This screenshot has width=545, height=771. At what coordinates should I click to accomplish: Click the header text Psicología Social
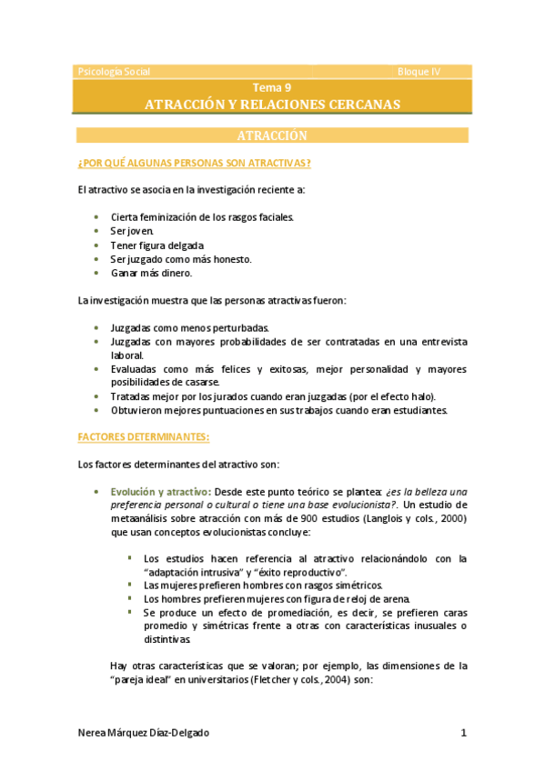point(115,72)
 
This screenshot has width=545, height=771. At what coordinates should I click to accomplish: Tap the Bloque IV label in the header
point(419,72)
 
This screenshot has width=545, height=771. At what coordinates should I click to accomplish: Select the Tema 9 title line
point(272,88)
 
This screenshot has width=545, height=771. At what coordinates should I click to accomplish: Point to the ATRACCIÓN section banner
point(272,135)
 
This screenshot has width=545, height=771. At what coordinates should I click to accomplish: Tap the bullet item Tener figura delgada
point(157,245)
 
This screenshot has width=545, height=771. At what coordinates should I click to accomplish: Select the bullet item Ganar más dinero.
point(152,273)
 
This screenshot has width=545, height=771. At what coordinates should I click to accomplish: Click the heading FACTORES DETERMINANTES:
point(144,436)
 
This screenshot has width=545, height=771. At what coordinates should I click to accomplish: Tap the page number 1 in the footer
point(463,734)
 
